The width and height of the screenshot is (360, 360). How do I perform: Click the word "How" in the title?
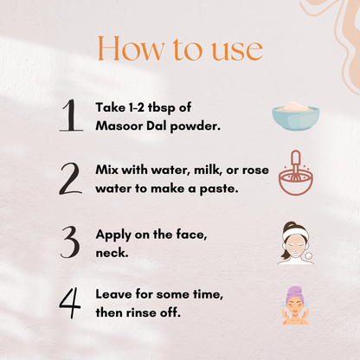click(132, 48)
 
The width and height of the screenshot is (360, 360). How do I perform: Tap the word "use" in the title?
click(237, 50)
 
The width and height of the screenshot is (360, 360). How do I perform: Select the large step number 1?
click(71, 115)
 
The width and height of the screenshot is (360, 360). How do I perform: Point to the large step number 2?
click(71, 178)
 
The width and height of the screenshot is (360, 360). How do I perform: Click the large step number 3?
click(70, 241)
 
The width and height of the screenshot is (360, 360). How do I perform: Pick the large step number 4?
click(70, 303)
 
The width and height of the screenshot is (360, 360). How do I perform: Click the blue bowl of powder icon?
click(296, 116)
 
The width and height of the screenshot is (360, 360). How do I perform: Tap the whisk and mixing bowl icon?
click(296, 172)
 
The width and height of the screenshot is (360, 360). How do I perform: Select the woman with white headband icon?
click(296, 243)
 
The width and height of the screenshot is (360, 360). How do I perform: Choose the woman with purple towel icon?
click(295, 305)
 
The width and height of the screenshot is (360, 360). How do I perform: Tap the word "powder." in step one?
click(196, 126)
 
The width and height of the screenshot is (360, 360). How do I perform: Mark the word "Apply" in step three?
click(113, 235)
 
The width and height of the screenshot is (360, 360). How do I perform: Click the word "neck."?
click(112, 253)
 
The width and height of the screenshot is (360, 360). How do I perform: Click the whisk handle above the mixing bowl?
click(296, 158)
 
